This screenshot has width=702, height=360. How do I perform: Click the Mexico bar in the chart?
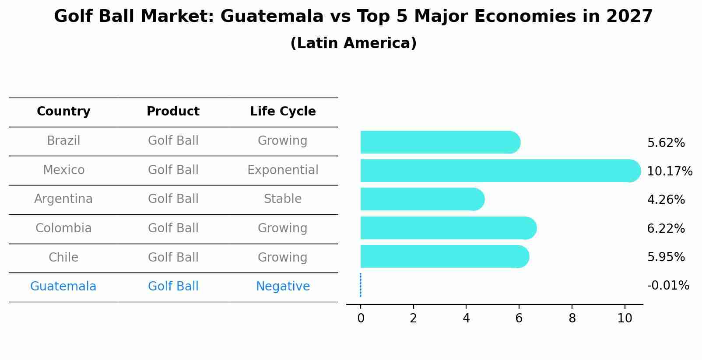(499, 171)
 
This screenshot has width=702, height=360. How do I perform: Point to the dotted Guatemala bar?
(361, 285)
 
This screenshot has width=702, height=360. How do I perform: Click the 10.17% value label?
(669, 171)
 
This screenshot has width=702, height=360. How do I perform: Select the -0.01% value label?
(668, 286)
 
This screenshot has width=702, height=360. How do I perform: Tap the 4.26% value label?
(666, 200)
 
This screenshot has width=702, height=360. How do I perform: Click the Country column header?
(63, 112)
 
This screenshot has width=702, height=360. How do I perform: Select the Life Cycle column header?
(283, 112)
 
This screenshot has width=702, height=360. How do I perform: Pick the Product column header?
(173, 112)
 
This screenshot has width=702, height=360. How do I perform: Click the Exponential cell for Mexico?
(283, 170)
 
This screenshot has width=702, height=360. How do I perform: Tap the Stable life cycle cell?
(283, 199)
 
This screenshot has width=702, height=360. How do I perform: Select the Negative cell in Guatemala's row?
(283, 287)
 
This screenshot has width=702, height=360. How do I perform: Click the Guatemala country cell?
(63, 287)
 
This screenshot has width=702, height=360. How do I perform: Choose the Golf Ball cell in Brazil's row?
(173, 141)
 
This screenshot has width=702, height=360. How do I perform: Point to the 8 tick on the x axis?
(572, 318)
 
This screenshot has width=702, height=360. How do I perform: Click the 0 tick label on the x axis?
(361, 318)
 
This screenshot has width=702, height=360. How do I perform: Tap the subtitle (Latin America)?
(353, 43)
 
